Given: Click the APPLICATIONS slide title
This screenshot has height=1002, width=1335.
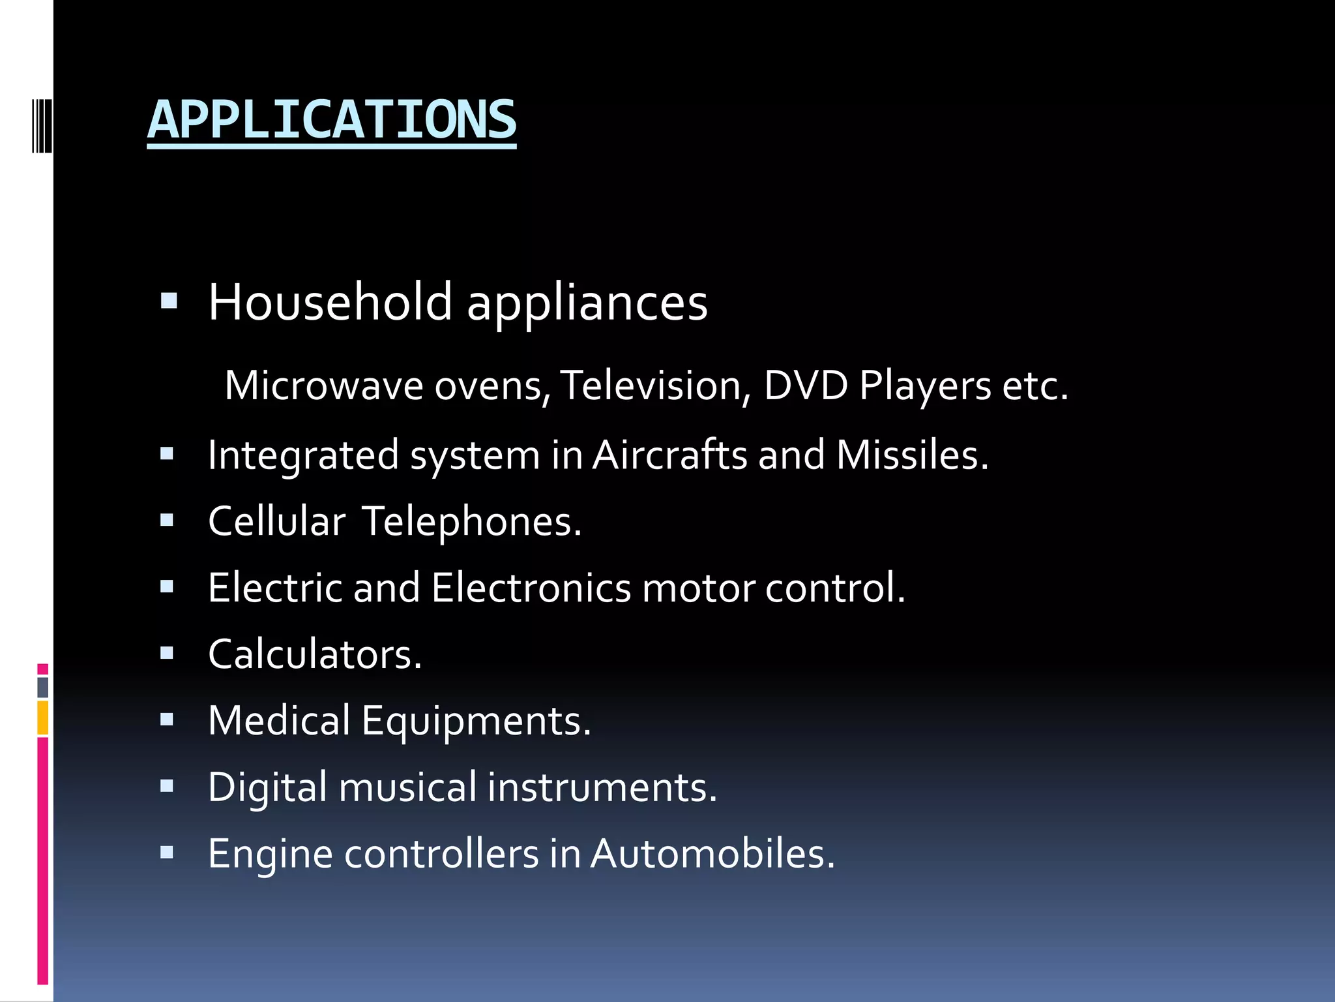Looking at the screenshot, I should tap(332, 120).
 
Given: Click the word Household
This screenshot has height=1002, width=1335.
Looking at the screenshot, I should tap(330, 302).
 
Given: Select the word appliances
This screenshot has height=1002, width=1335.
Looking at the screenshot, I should tap(587, 304).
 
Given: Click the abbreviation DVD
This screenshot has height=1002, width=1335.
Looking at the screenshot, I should tap(806, 385).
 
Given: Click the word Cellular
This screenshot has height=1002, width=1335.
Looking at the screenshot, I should tap(276, 521).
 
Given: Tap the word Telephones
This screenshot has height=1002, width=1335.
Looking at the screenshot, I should tap(471, 521).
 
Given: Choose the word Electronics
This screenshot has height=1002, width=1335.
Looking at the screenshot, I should tap(531, 588).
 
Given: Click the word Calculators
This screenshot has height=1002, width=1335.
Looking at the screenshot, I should tap(315, 654).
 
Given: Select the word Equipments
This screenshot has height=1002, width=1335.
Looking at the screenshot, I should tap(476, 721).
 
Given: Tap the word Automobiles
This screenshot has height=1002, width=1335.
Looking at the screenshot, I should tap(712, 853).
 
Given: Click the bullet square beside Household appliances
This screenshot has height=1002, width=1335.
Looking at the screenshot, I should tap(169, 301).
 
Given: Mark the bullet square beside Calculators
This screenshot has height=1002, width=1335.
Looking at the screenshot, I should tap(167, 653).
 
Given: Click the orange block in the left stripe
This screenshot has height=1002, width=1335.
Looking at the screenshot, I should tap(43, 718).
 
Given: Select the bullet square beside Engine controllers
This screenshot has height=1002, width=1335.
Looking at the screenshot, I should tap(167, 852).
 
